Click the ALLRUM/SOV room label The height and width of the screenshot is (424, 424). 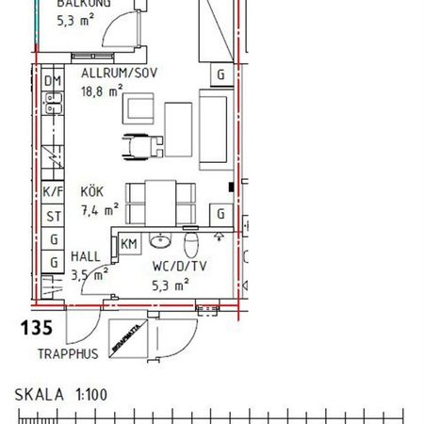coord(118,73)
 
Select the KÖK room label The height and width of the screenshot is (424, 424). coord(91,191)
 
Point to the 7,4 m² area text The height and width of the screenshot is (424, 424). coord(99,209)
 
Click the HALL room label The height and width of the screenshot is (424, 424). coord(86,257)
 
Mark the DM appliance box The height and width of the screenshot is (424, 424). coord(53,81)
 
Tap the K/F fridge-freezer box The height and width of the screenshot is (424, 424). coord(53,192)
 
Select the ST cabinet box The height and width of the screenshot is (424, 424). coord(53,217)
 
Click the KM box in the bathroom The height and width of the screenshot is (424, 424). coord(128,244)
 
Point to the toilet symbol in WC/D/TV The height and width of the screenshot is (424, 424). coord(191,247)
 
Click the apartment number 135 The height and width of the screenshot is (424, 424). coord(36,329)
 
